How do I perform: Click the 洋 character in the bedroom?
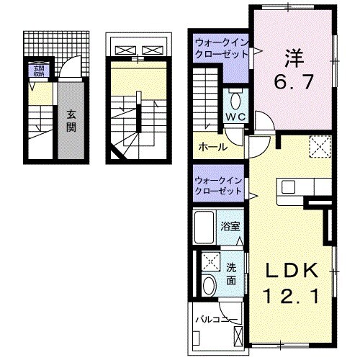click(292, 56)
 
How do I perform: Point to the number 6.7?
click(292, 82)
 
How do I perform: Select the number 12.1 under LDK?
click(292, 295)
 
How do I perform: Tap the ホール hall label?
click(212, 147)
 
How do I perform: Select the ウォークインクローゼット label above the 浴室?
click(219, 185)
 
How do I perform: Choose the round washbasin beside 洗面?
click(209, 284)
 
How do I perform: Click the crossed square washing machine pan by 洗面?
click(210, 261)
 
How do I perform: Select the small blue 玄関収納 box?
click(36, 71)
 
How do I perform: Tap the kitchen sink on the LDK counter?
click(288, 188)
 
